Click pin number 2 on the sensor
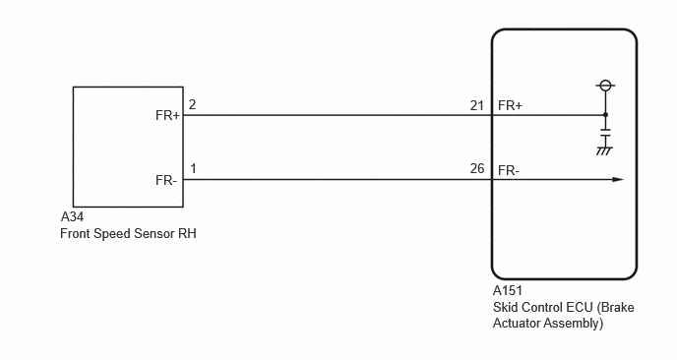coord(192,104)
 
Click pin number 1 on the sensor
coord(193,168)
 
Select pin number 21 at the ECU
coord(476,105)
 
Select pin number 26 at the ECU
coord(477,168)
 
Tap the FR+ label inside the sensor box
coord(167,116)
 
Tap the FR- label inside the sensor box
coord(166,180)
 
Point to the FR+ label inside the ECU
coord(510,105)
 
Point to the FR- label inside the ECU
coord(509,170)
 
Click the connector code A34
coord(72,216)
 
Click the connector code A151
coord(508,290)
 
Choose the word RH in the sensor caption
coord(187,233)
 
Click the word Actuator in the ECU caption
coord(517,323)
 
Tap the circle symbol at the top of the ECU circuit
coord(605,85)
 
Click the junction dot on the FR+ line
coord(605,115)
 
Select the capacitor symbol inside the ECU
coord(606,132)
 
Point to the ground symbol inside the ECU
coord(604,150)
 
